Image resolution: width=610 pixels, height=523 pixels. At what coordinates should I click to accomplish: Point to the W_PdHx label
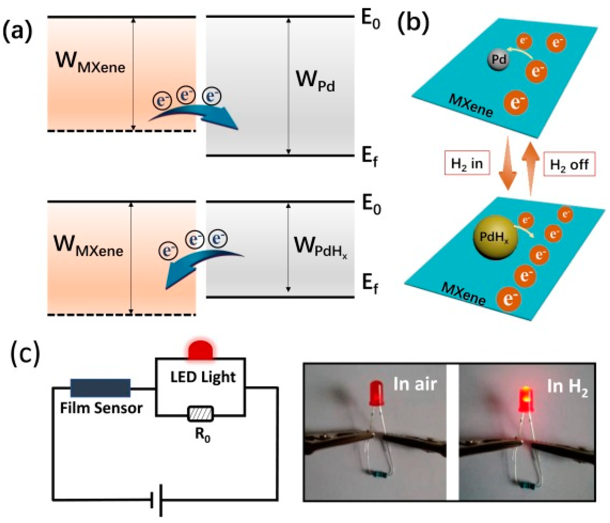[319, 247]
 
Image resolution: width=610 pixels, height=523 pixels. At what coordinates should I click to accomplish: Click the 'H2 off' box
[569, 164]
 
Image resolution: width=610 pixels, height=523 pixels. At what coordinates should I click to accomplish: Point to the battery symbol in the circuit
[157, 499]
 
